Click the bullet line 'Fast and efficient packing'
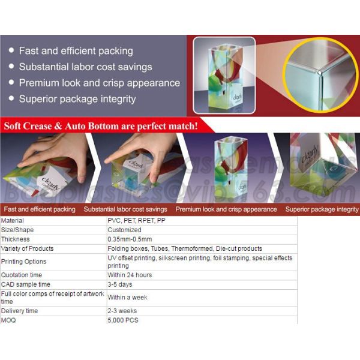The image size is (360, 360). [76, 51]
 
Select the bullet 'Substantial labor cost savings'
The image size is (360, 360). [85, 67]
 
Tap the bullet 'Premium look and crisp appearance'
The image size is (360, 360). [99, 83]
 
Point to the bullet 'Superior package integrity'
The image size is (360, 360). [77, 99]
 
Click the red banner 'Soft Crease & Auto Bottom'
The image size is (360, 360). [101, 126]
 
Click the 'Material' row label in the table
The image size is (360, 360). [13, 221]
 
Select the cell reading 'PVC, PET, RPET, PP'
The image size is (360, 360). [136, 221]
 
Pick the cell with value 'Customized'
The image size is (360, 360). [124, 230]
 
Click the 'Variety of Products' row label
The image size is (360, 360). [27, 248]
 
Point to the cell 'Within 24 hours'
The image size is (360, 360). [130, 275]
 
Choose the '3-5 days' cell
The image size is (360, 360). [119, 284]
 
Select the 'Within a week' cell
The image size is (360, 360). [128, 298]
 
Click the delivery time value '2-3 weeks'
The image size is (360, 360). [122, 311]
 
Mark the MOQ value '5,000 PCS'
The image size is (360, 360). [123, 320]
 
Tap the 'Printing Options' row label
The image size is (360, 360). [23, 262]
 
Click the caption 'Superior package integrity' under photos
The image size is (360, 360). [322, 209]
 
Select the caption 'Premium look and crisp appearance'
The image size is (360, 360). [226, 209]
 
